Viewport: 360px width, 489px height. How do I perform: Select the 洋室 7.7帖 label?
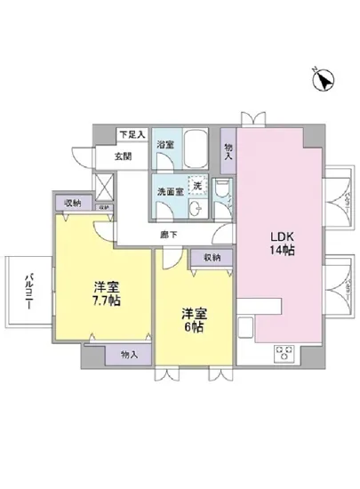click(x=106, y=293)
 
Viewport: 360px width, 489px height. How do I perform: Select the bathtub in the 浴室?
click(x=196, y=148)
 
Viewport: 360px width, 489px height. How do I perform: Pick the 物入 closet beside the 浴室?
click(x=228, y=150)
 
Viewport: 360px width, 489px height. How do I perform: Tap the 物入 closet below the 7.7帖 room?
click(x=128, y=354)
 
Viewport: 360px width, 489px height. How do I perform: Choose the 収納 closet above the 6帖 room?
click(x=212, y=257)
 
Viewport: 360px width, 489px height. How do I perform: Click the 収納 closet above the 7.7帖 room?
click(x=72, y=203)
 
